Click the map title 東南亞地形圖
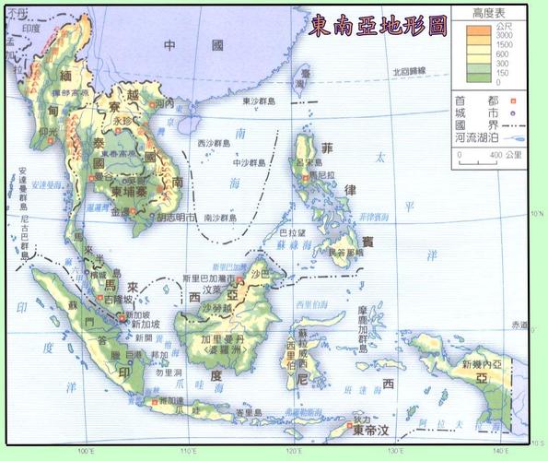(x=378, y=24)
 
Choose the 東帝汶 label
(x=370, y=430)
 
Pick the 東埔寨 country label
(x=128, y=190)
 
